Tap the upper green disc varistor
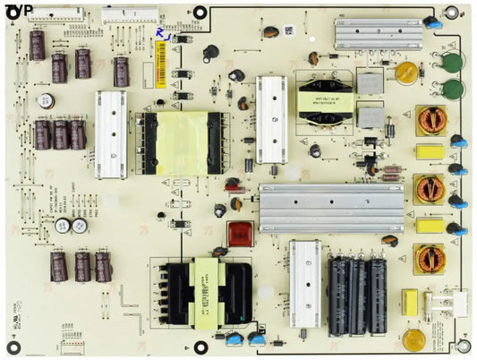pos(453,64)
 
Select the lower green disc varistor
pos(453,90)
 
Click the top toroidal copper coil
pos(430,120)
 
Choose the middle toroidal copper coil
pos(430,189)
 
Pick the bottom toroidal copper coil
pos(430,259)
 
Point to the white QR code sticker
pos(288,30)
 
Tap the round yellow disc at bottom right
pos(414,340)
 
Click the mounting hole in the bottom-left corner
pos(12,347)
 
